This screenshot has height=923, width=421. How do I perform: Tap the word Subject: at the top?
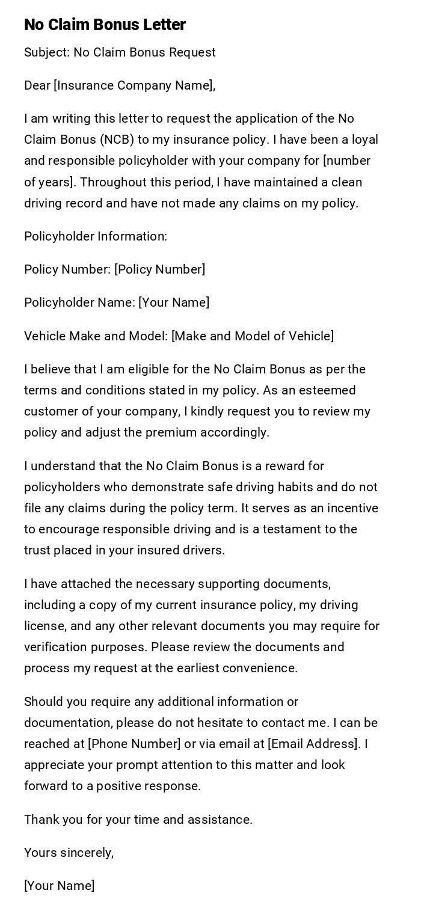tap(46, 52)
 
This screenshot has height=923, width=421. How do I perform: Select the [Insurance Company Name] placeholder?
tap(134, 85)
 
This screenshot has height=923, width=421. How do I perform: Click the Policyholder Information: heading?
tap(96, 236)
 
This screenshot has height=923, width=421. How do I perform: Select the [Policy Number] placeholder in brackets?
tap(160, 269)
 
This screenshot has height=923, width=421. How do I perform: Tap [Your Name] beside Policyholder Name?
tap(174, 302)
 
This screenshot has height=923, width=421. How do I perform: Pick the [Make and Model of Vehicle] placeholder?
tap(253, 336)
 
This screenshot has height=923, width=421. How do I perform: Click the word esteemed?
tap(329, 390)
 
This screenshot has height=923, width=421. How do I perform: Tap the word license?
tap(43, 626)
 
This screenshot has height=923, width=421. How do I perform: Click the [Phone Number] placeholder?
tap(134, 744)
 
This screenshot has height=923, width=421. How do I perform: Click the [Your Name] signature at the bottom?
tap(60, 886)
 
